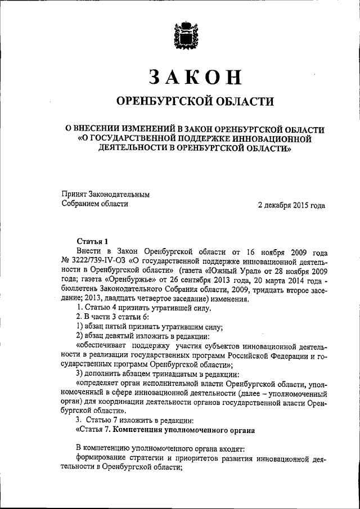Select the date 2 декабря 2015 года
[291, 205]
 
